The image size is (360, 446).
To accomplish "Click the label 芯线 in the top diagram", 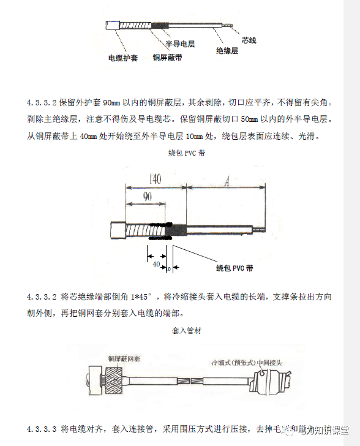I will pos(249,40).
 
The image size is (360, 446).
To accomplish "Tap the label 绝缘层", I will pos(227,51).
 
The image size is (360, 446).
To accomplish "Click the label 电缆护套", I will pos(122,58).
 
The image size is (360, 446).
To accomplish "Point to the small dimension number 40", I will pos(156,263).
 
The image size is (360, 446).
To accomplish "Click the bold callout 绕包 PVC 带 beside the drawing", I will pos(235,268).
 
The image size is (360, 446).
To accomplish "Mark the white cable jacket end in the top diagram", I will pos(113,28).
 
